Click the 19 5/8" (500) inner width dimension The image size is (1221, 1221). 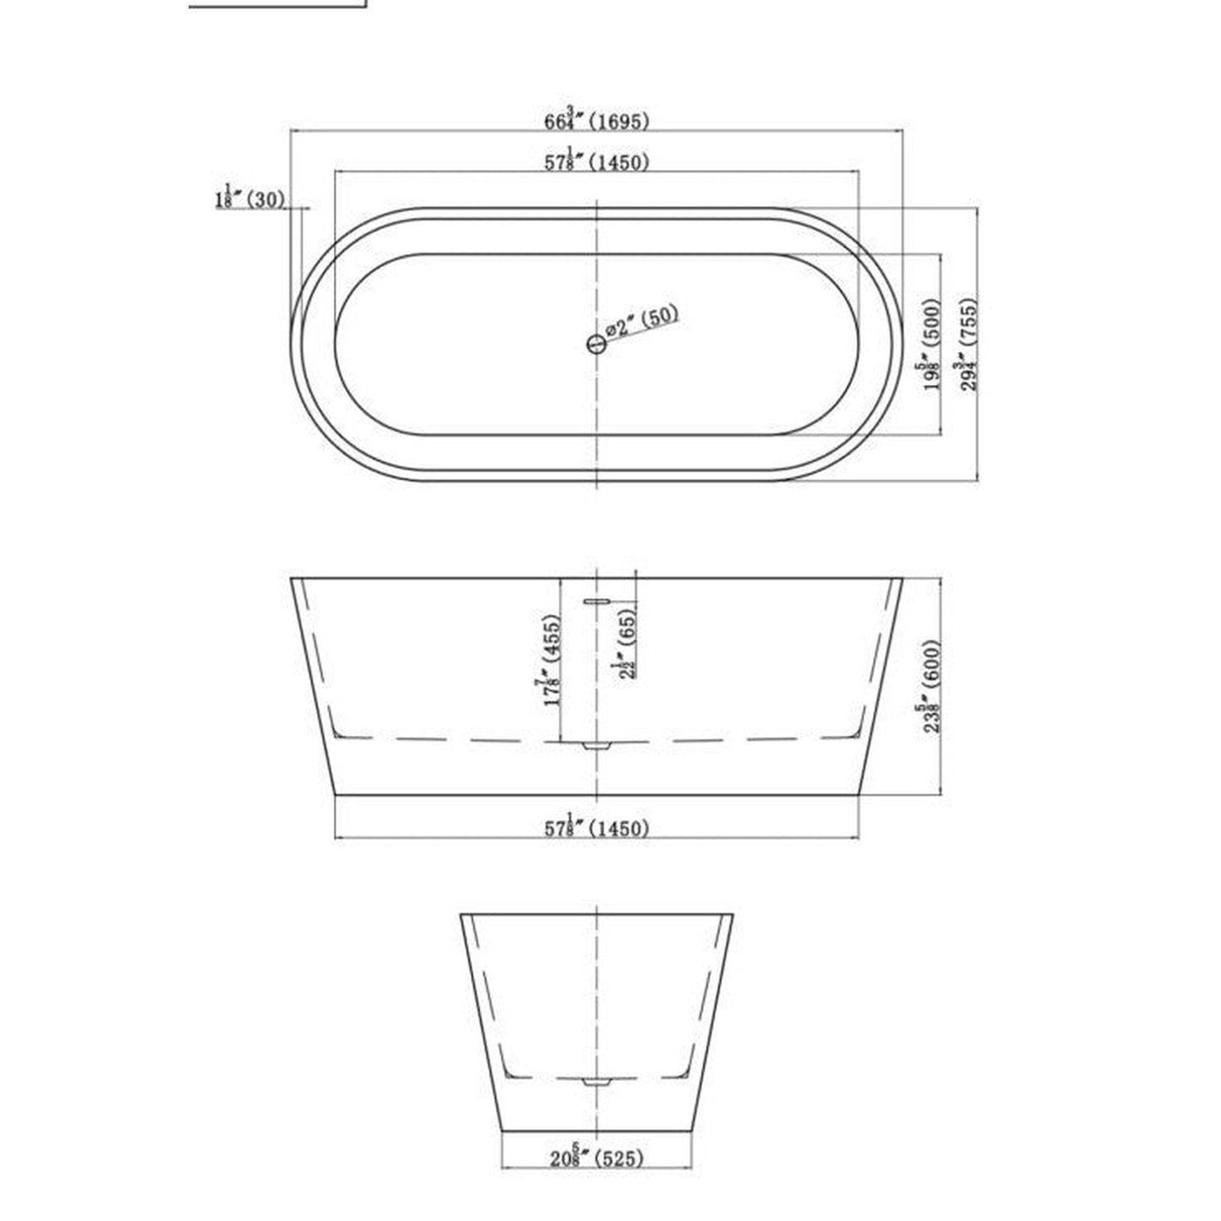point(930,345)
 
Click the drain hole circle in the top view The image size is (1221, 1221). point(597,344)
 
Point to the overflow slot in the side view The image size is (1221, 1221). point(596,602)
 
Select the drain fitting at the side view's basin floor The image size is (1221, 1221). point(597,746)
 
